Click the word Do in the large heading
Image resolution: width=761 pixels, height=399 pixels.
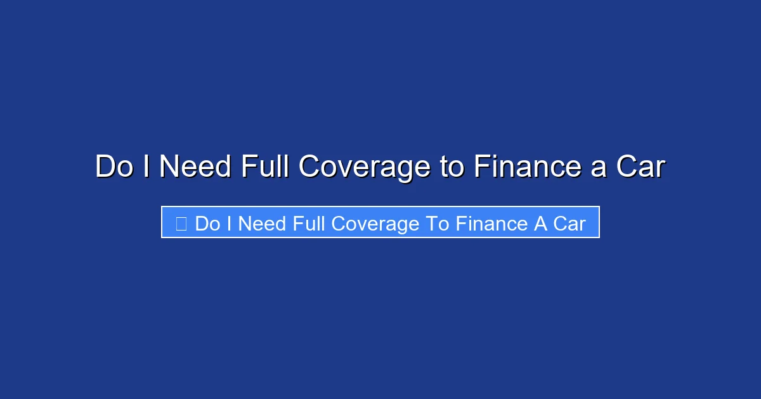click(x=114, y=166)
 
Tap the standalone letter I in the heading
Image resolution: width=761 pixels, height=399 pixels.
click(x=146, y=166)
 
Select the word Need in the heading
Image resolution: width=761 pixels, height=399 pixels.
click(x=195, y=166)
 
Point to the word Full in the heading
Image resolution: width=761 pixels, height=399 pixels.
click(x=265, y=166)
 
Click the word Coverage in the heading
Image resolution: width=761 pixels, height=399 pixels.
click(x=365, y=168)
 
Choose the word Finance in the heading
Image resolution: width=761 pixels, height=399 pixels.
click(x=528, y=166)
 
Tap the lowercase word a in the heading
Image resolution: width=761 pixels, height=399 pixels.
click(x=599, y=169)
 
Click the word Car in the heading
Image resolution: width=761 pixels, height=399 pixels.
click(x=641, y=166)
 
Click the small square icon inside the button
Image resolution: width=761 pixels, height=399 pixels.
click(x=181, y=224)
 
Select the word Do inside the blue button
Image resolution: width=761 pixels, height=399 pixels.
click(x=207, y=224)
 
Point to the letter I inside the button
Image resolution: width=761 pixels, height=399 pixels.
click(x=230, y=224)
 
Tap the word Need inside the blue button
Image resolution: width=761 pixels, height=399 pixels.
click(x=262, y=224)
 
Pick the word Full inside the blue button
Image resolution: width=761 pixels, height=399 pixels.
click(x=309, y=224)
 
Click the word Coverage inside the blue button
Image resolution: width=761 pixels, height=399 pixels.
click(x=375, y=225)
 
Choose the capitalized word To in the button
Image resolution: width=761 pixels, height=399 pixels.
click(x=438, y=224)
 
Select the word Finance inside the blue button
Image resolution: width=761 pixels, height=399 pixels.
click(x=491, y=224)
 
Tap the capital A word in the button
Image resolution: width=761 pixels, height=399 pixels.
click(x=540, y=224)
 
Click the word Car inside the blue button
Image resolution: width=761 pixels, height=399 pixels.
click(x=569, y=224)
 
